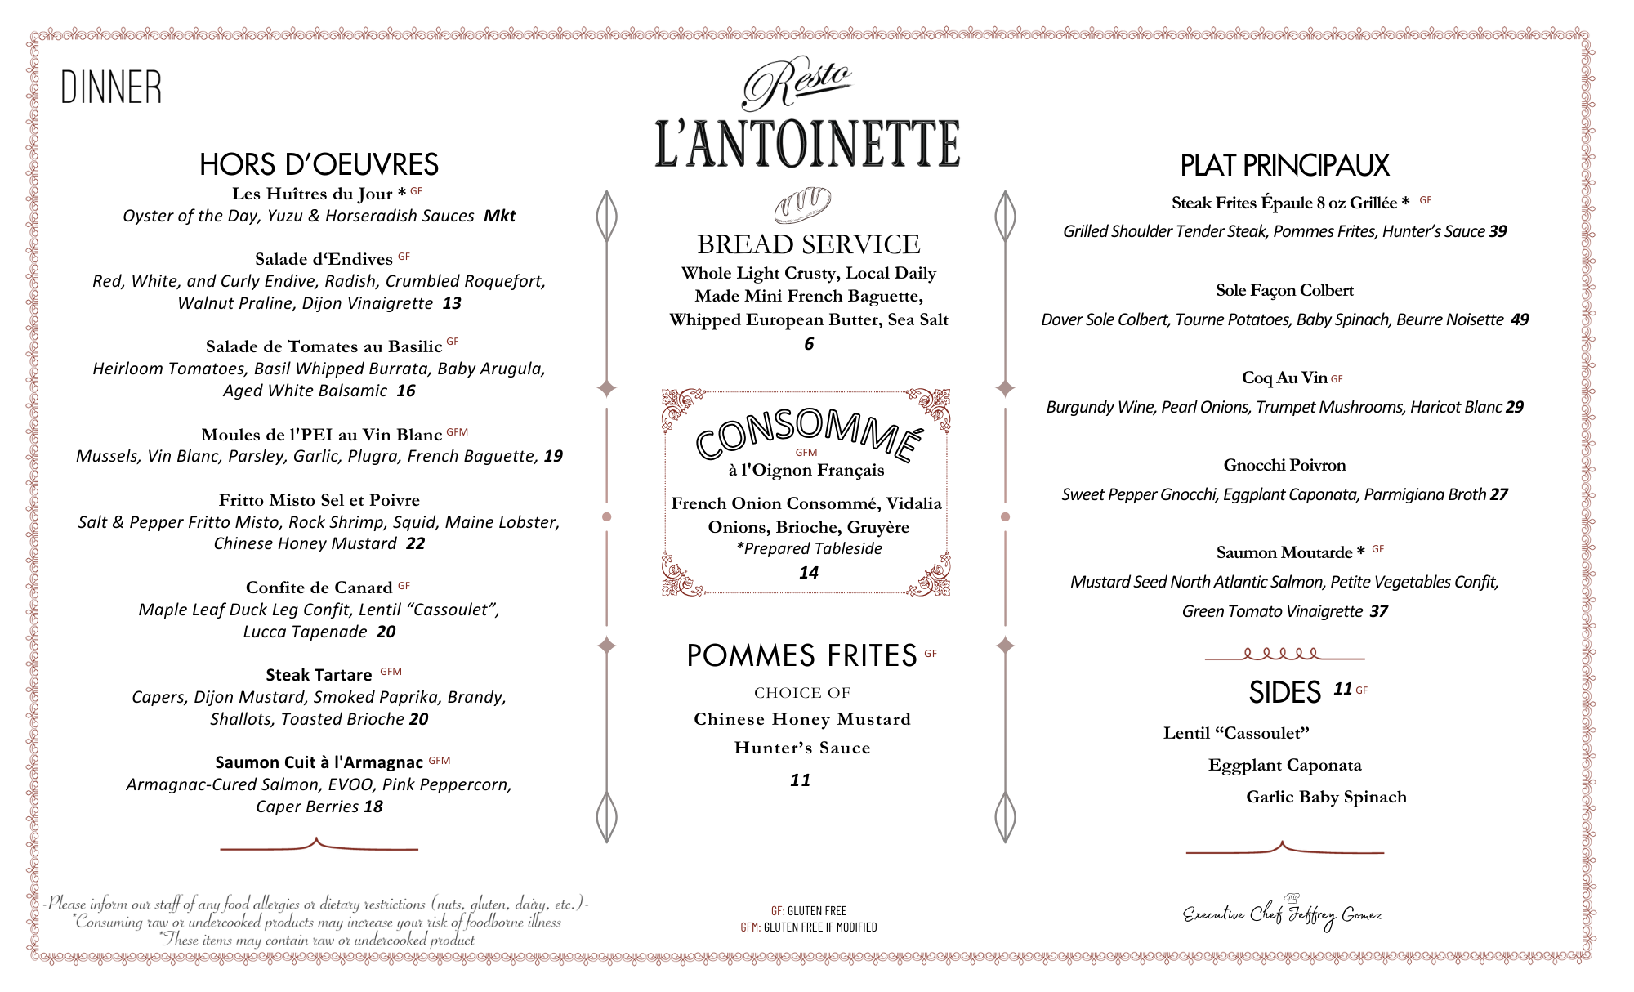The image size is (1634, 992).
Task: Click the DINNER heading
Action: click(x=111, y=87)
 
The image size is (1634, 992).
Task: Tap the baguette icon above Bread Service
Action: click(x=802, y=204)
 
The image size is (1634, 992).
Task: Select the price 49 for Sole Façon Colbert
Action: click(x=1520, y=319)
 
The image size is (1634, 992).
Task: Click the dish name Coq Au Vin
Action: click(x=1284, y=378)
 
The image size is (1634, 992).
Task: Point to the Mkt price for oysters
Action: click(x=499, y=216)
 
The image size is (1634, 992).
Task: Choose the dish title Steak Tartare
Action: click(x=319, y=675)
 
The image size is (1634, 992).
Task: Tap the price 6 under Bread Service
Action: click(x=809, y=344)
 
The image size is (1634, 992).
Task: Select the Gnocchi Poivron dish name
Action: click(x=1284, y=465)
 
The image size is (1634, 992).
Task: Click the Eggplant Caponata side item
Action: click(x=1284, y=765)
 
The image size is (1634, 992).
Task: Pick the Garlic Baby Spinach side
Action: click(x=1326, y=797)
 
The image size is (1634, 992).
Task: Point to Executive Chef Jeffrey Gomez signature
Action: click(x=1283, y=914)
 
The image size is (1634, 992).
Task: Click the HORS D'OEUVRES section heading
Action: click(x=319, y=164)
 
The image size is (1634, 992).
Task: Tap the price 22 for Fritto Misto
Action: click(x=415, y=543)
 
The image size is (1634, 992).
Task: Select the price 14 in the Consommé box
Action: click(x=809, y=573)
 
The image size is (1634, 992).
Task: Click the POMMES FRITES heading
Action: click(x=801, y=655)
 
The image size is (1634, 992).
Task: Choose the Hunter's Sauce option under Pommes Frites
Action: click(x=801, y=748)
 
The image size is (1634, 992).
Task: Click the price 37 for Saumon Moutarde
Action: click(x=1378, y=611)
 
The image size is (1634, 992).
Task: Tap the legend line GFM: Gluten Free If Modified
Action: click(x=808, y=927)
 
